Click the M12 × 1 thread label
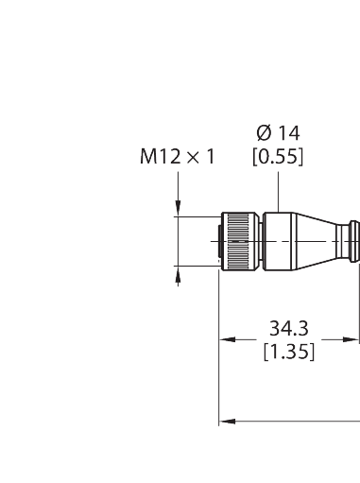point(177,157)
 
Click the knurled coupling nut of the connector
point(243,241)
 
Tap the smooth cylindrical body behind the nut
point(282,241)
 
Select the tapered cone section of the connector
point(321,241)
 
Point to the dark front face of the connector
point(224,241)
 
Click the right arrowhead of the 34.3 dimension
point(356,340)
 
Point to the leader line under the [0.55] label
point(277,189)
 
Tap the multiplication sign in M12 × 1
point(194,157)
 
